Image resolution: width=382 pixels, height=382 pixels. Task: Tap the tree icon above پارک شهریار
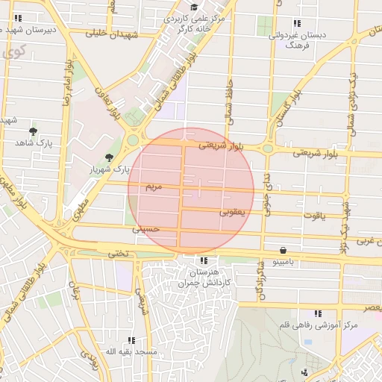pyautogui.click(x=110, y=157)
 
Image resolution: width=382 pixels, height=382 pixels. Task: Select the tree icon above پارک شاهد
pyautogui.click(x=33, y=131)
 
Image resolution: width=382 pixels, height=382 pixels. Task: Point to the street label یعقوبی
pyautogui.click(x=232, y=213)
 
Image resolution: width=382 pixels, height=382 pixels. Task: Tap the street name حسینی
pyautogui.click(x=146, y=231)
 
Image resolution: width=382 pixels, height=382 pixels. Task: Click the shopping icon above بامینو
pyautogui.click(x=284, y=251)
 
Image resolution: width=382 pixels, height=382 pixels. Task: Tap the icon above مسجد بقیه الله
pyautogui.click(x=131, y=340)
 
